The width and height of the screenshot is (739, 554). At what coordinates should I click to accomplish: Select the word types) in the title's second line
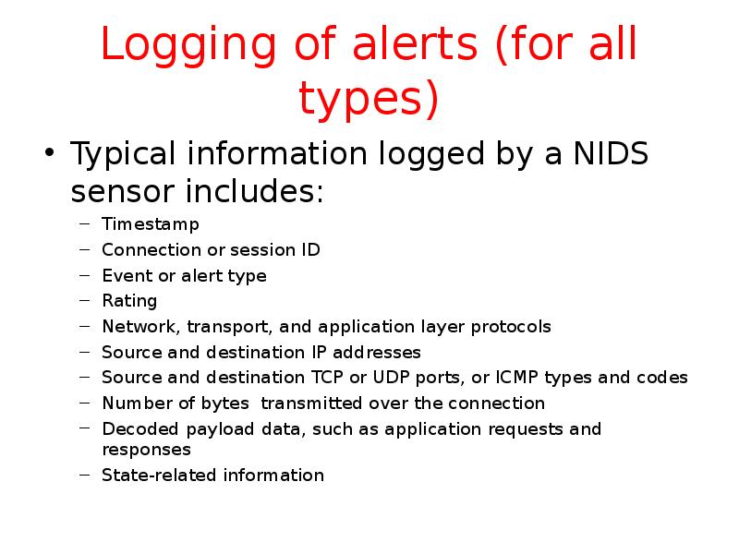tap(369, 101)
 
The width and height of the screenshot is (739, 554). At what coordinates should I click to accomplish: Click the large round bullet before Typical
tap(51, 153)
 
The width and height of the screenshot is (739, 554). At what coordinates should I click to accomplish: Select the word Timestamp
tap(150, 224)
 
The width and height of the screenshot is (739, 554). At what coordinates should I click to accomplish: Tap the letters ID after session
tap(310, 249)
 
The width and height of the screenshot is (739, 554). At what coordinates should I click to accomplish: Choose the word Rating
tap(129, 301)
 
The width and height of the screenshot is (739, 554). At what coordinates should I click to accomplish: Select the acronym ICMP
tap(519, 378)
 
